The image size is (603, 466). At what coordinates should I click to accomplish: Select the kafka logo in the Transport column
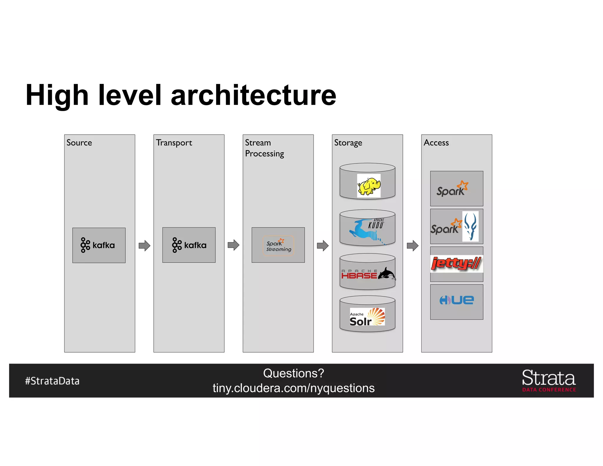pyautogui.click(x=189, y=245)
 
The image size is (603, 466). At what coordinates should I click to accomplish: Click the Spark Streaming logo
pyautogui.click(x=278, y=245)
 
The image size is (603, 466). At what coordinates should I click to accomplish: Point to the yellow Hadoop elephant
pyautogui.click(x=369, y=186)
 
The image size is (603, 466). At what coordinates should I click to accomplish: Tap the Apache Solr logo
pyautogui.click(x=367, y=317)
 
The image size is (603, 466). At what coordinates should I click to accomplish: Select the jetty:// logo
pyautogui.click(x=456, y=263)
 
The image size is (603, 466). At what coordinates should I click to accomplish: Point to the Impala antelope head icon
pyautogui.click(x=470, y=227)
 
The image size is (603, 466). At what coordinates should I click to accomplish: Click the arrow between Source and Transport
pyautogui.click(x=144, y=245)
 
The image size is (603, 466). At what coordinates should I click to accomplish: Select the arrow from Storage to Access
pyautogui.click(x=413, y=245)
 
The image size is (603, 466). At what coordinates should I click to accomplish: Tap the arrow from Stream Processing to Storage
pyautogui.click(x=323, y=245)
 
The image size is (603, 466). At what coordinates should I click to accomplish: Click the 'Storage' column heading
pyautogui.click(x=348, y=143)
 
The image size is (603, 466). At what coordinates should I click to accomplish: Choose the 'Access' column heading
pyautogui.click(x=436, y=143)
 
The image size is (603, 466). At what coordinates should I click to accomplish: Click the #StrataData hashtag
pyautogui.click(x=52, y=381)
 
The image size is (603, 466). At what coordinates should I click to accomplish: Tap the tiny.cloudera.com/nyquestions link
pyautogui.click(x=294, y=388)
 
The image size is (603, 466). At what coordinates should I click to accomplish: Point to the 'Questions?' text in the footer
pyautogui.click(x=294, y=373)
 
